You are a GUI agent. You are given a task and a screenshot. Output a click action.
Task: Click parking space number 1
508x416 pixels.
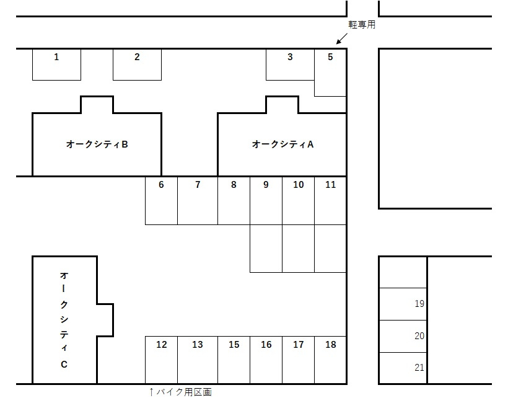(x=56, y=64)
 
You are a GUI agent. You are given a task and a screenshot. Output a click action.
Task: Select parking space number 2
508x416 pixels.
(x=137, y=64)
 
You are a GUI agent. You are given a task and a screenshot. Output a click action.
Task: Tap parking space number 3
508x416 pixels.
(x=290, y=64)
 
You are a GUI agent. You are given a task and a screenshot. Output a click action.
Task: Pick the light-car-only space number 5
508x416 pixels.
(x=330, y=72)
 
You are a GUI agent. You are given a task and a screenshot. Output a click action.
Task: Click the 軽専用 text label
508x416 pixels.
(x=362, y=25)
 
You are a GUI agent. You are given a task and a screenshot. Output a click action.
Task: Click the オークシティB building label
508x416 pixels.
(x=97, y=144)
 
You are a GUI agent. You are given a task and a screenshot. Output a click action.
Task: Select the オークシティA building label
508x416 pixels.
(x=282, y=144)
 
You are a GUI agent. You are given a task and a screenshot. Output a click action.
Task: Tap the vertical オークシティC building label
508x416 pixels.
(x=64, y=319)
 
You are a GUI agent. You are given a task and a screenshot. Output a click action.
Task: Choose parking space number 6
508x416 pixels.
(x=161, y=200)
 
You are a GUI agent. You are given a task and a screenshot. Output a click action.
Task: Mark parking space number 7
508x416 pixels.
(x=198, y=200)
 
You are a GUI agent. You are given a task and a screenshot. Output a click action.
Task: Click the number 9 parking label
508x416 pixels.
(x=266, y=185)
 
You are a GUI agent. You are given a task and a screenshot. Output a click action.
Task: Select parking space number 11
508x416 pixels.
(x=330, y=200)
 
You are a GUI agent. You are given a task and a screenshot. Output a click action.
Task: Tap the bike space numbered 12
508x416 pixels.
(x=161, y=360)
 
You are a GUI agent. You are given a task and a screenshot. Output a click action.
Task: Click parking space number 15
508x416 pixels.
(x=234, y=360)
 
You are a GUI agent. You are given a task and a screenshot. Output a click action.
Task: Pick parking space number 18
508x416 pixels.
(x=330, y=360)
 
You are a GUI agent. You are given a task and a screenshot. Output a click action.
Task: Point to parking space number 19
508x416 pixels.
(x=403, y=304)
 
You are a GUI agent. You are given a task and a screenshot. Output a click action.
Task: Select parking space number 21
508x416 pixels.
(x=403, y=368)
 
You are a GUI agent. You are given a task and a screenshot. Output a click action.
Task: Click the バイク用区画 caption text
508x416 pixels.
(x=183, y=392)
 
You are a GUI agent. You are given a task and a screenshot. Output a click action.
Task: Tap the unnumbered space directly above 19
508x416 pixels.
(x=403, y=272)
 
